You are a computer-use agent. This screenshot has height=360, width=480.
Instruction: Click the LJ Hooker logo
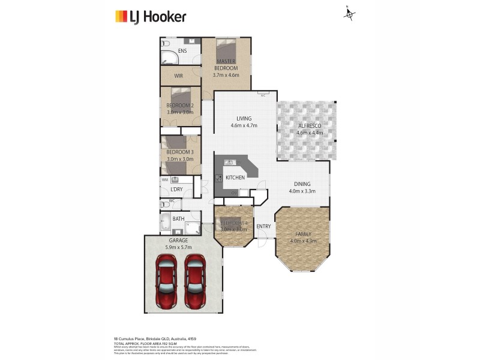coord(150,16)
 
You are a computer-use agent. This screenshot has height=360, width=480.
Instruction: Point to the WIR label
coord(178,76)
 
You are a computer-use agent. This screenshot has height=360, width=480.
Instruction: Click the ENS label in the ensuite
coord(182,51)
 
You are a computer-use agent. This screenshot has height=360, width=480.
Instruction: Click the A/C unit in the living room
coord(262,95)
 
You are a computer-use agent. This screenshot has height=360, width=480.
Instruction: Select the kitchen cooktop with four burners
coord(220,178)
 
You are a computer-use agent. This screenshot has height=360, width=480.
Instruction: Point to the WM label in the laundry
coord(164,179)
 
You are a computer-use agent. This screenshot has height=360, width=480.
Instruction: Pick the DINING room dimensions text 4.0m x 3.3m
coord(301,191)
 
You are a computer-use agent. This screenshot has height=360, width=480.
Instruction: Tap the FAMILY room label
coord(303,234)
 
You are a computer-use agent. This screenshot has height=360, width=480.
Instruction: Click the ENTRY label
coord(263,226)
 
